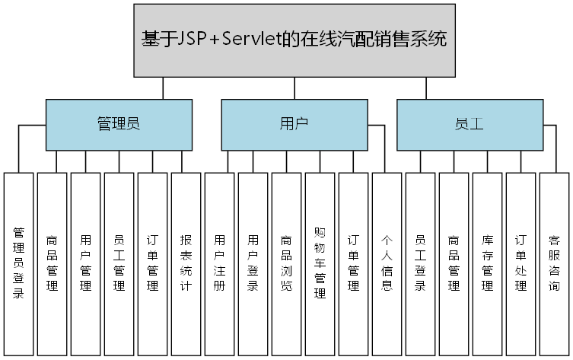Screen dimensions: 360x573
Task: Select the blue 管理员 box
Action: click(118, 124)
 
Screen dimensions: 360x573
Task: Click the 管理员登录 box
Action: click(18, 263)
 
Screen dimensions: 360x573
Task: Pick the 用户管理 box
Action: click(85, 263)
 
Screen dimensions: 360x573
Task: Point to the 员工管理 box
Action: click(119, 263)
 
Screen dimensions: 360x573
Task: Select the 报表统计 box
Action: click(186, 263)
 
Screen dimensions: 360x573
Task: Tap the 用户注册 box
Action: click(219, 263)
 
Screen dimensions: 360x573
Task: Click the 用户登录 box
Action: click(253, 263)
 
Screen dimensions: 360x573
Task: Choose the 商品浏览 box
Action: click(286, 263)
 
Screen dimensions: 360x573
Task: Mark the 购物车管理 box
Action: click(320, 263)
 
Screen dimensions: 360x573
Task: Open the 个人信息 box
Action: click(387, 263)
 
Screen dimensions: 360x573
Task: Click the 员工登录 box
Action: click(420, 263)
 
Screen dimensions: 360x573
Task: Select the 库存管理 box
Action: click(487, 263)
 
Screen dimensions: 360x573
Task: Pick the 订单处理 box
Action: click(520, 263)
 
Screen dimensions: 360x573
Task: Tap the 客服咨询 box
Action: click(554, 263)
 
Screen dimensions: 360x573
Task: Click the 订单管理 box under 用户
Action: click(353, 263)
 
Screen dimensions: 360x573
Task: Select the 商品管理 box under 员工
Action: click(454, 263)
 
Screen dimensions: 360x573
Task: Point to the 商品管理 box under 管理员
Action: click(52, 263)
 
